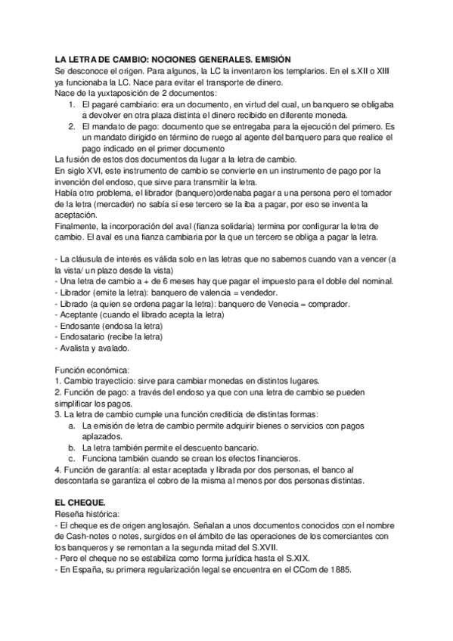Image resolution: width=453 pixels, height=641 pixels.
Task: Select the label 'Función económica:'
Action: (92, 370)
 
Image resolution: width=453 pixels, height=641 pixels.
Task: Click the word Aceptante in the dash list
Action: (82, 314)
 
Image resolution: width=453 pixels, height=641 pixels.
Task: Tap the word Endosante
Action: (83, 326)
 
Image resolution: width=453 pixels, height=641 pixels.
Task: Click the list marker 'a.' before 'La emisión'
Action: (73, 426)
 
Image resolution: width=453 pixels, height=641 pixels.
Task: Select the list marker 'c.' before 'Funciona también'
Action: (73, 458)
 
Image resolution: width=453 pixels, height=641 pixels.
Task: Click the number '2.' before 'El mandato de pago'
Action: (72, 127)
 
